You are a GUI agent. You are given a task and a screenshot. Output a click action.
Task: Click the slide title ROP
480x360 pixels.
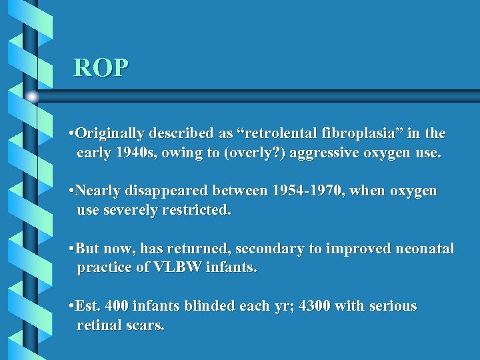tap(101, 67)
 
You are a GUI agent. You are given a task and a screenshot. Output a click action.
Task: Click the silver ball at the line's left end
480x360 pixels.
tap(32, 97)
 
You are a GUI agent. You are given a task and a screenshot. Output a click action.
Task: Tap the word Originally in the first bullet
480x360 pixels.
tap(112, 134)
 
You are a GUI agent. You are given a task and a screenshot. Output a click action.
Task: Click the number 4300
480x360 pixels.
tap(315, 307)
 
